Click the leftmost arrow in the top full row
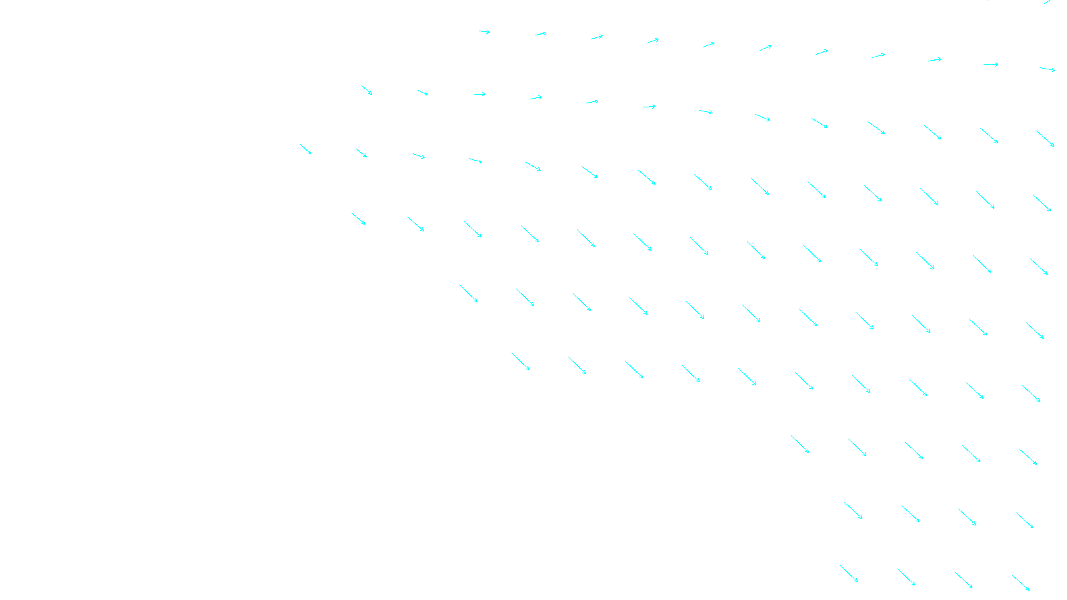pyautogui.click(x=484, y=31)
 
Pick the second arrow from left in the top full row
pyautogui.click(x=540, y=33)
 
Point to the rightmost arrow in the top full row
pyautogui.click(x=1047, y=69)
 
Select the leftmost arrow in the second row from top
pyautogui.click(x=367, y=90)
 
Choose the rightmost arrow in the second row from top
pyautogui.click(x=1045, y=139)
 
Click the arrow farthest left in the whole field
pyautogui.click(x=305, y=149)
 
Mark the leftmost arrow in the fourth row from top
pyautogui.click(x=359, y=219)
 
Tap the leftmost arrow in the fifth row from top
pyautogui.click(x=468, y=293)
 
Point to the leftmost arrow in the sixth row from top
pyautogui.click(x=521, y=361)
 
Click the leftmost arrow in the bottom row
pyautogui.click(x=849, y=574)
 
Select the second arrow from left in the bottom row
pyautogui.click(x=906, y=577)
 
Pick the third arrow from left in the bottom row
pyautogui.click(x=964, y=580)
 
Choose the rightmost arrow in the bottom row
pyautogui.click(x=1021, y=583)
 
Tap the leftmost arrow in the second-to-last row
pyautogui.click(x=854, y=511)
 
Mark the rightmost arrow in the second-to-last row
pyautogui.click(x=1024, y=520)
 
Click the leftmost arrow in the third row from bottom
pyautogui.click(x=800, y=444)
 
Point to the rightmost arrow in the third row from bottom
pyautogui.click(x=1028, y=457)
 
